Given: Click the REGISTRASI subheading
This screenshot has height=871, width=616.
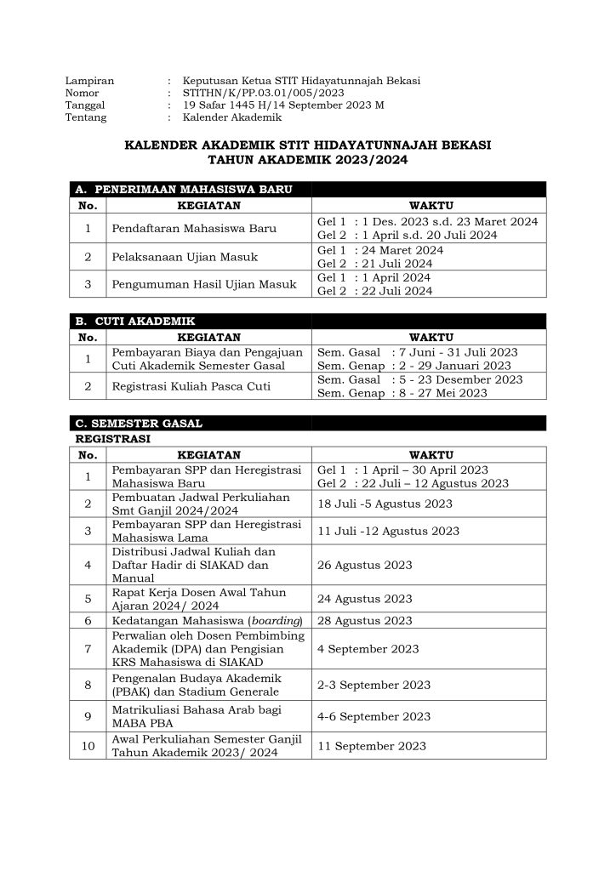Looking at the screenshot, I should pos(113,439).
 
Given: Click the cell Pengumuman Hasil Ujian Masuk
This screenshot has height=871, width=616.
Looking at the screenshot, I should pos(204,284).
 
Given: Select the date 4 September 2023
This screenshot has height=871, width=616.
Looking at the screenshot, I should pos(368,649).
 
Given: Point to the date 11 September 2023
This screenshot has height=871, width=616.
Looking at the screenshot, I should pos(371,746).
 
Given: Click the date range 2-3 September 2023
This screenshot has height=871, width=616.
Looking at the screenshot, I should pos(374,684).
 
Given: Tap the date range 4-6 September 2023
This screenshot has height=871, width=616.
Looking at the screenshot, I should pos(374,716).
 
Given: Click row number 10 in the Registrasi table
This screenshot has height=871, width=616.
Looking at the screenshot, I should pos(88,746).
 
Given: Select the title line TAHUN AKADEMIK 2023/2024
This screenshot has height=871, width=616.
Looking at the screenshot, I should pos(307,159).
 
